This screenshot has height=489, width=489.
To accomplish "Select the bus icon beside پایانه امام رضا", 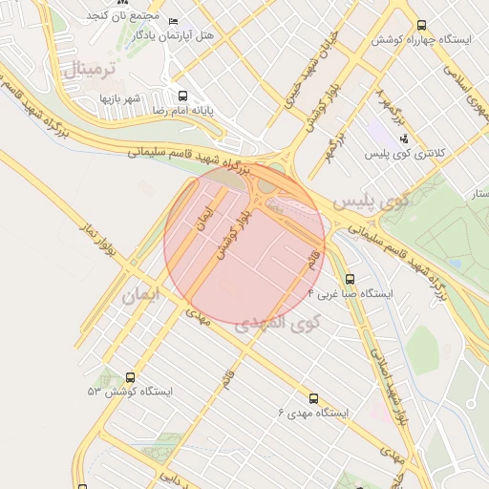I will [182, 96].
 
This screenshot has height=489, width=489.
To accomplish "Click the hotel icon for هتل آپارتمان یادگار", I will [172, 21].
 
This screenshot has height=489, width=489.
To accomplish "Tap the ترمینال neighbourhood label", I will [92, 68].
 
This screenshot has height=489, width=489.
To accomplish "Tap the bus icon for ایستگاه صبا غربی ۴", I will [351, 279].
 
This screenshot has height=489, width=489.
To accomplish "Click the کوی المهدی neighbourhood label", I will [291, 323].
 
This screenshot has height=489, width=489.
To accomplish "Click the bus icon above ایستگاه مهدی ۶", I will [313, 398].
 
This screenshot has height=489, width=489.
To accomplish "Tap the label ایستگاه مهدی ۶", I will [313, 413].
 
